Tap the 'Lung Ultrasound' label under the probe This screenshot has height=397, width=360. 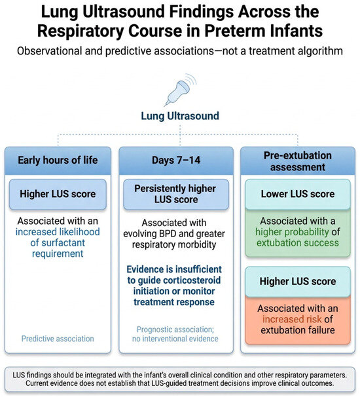click(x=180, y=116)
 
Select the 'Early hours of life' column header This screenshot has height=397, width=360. click(x=58, y=161)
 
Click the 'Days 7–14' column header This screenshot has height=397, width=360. click(x=176, y=161)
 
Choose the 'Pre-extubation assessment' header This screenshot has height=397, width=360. click(x=298, y=161)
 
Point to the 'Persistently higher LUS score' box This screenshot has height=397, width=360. click(x=176, y=194)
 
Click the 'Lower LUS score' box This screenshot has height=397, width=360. click(x=298, y=194)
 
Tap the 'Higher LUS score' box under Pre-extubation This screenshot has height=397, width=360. click(x=298, y=282)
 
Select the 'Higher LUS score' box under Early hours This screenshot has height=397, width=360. click(x=58, y=194)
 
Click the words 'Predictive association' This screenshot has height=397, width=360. click(x=58, y=339)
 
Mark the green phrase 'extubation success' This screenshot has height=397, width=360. click(x=298, y=243)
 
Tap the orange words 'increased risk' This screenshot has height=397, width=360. click(x=292, y=319)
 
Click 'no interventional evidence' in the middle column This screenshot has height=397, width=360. click(x=175, y=339)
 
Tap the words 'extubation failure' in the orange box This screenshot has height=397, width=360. click(x=298, y=330)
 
